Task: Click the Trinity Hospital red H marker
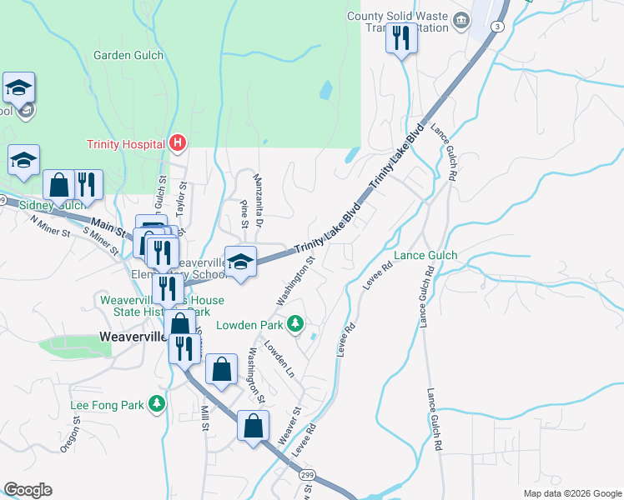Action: pos(177,143)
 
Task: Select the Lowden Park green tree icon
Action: pos(294,323)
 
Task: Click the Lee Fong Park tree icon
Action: pos(156,405)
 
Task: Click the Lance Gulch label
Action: pos(425,255)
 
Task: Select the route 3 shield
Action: pos(498,27)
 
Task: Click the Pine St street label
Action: pos(244,213)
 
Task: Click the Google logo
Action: pos(28,490)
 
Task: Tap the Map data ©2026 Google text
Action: pos(571,493)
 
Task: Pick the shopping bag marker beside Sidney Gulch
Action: pos(60,184)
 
